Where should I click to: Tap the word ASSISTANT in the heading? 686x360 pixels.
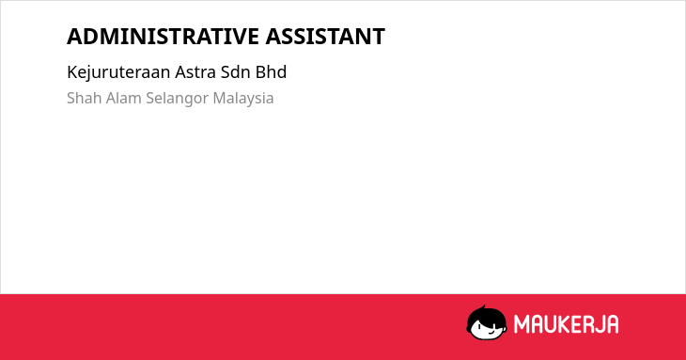pyautogui.click(x=325, y=37)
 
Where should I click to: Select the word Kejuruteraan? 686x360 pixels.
pyautogui.click(x=118, y=72)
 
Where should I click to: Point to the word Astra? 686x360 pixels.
pyautogui.click(x=195, y=72)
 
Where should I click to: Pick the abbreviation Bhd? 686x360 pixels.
pyautogui.click(x=271, y=72)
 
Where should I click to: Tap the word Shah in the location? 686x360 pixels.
pyautogui.click(x=84, y=98)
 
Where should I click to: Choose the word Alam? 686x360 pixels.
pyautogui.click(x=123, y=98)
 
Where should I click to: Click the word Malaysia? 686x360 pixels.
pyautogui.click(x=243, y=99)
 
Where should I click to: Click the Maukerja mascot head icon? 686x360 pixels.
pyautogui.click(x=487, y=322)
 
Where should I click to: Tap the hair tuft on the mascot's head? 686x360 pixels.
pyautogui.click(x=484, y=307)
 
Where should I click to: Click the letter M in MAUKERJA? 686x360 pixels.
pyautogui.click(x=522, y=324)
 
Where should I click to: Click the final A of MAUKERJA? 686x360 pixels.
pyautogui.click(x=612, y=324)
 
